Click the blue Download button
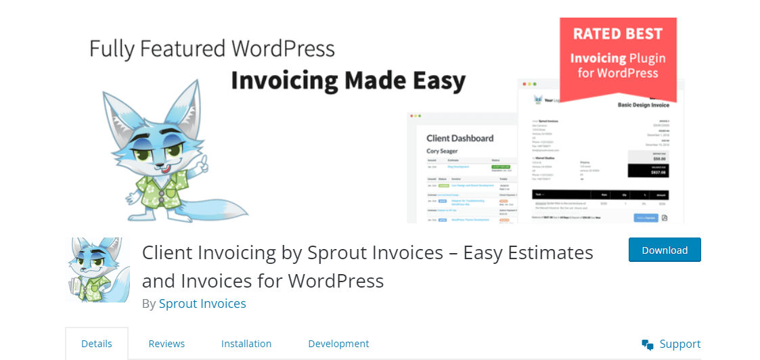point(664,250)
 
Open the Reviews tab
point(166,344)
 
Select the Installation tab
point(246,344)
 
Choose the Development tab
point(338,344)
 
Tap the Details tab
point(97,344)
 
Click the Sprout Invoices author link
point(202,303)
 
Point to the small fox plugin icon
point(97,269)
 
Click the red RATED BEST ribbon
point(618,54)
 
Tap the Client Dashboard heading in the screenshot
point(460,138)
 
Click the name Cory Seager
point(442,151)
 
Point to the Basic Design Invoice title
point(643,106)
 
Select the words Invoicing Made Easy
point(348,81)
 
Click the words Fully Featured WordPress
point(212,49)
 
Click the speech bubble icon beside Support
point(648,344)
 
